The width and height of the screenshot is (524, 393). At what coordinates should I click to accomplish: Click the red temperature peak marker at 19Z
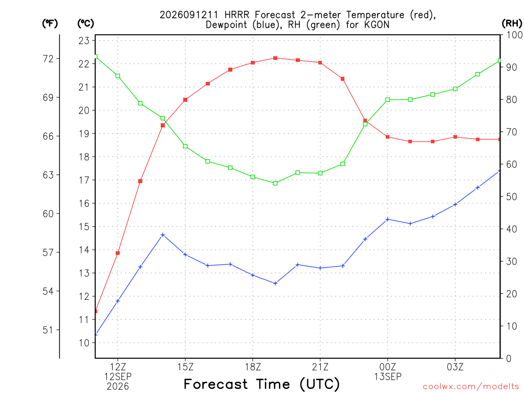tap(275, 58)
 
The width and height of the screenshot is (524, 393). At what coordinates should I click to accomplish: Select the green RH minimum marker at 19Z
tap(275, 183)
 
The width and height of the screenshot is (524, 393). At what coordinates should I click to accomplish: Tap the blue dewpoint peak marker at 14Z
tap(163, 234)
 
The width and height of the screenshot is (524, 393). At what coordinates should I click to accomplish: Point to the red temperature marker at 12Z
tap(118, 253)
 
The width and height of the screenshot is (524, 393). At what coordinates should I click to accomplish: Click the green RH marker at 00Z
tap(388, 100)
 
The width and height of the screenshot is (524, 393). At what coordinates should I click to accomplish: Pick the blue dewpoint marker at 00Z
tap(388, 219)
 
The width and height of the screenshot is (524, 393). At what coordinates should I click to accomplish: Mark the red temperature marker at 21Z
tap(320, 62)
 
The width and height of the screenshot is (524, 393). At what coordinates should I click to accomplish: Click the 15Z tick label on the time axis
tap(185, 367)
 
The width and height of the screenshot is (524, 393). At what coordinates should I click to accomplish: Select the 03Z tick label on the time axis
tap(455, 367)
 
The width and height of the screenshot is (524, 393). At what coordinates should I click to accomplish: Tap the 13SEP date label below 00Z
tap(388, 377)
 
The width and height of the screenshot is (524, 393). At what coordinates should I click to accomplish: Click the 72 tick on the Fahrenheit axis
tap(48, 59)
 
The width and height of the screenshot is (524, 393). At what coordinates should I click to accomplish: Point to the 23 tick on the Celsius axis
tap(84, 41)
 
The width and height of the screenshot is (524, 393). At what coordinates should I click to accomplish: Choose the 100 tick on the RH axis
tap(514, 35)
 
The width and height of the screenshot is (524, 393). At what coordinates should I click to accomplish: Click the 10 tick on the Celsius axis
tap(84, 343)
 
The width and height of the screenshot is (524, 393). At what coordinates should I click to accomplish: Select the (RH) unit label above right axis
tap(512, 24)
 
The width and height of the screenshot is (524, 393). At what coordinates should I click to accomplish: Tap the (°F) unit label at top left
tap(50, 24)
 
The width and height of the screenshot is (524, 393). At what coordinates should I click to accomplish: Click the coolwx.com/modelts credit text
tap(471, 386)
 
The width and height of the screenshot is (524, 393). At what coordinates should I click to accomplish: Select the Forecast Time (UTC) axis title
tap(261, 384)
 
